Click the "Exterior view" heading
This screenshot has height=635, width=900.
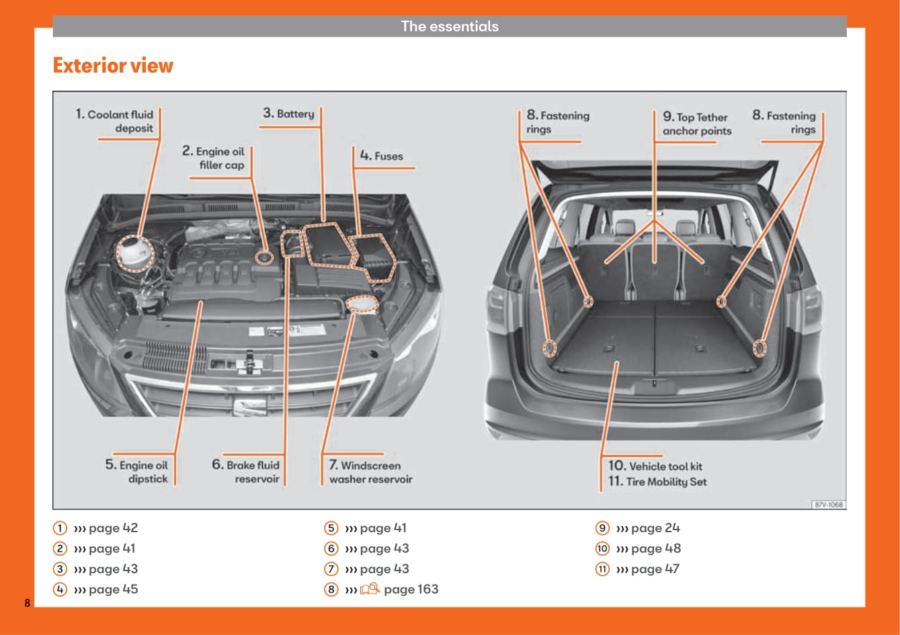[113, 66]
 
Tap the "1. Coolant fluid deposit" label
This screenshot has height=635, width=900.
[115, 121]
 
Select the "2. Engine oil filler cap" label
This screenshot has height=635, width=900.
[214, 158]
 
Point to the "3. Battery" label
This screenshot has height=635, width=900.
[289, 114]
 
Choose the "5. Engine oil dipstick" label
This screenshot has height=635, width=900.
[137, 472]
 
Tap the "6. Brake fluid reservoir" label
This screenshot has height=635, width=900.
[246, 472]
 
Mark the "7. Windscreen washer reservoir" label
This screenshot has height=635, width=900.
[370, 472]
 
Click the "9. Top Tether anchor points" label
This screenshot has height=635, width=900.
[696, 124]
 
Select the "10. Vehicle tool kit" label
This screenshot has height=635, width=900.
[655, 466]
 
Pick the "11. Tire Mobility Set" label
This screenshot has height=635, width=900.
[657, 481]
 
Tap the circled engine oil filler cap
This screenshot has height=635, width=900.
[265, 256]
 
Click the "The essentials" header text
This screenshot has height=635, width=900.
[450, 26]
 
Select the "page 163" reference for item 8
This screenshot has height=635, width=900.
[411, 589]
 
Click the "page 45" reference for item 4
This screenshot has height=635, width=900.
[113, 589]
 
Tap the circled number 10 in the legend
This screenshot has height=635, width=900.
[602, 548]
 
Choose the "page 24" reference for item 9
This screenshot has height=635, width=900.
[655, 528]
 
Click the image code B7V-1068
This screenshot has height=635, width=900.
[828, 504]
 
